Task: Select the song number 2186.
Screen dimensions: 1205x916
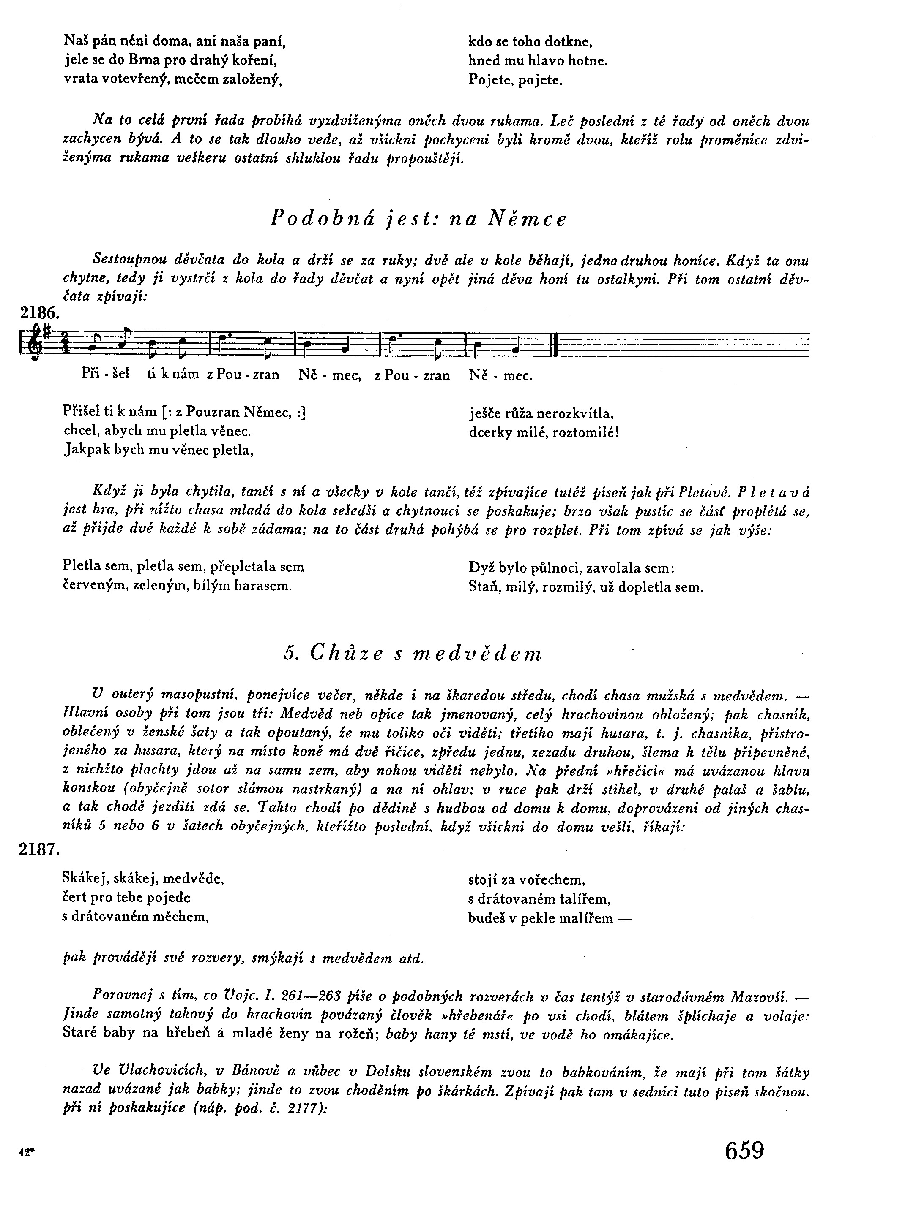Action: [x=40, y=313]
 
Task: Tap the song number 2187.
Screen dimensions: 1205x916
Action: [x=39, y=849]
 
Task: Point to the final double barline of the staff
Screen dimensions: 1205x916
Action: [x=554, y=343]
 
